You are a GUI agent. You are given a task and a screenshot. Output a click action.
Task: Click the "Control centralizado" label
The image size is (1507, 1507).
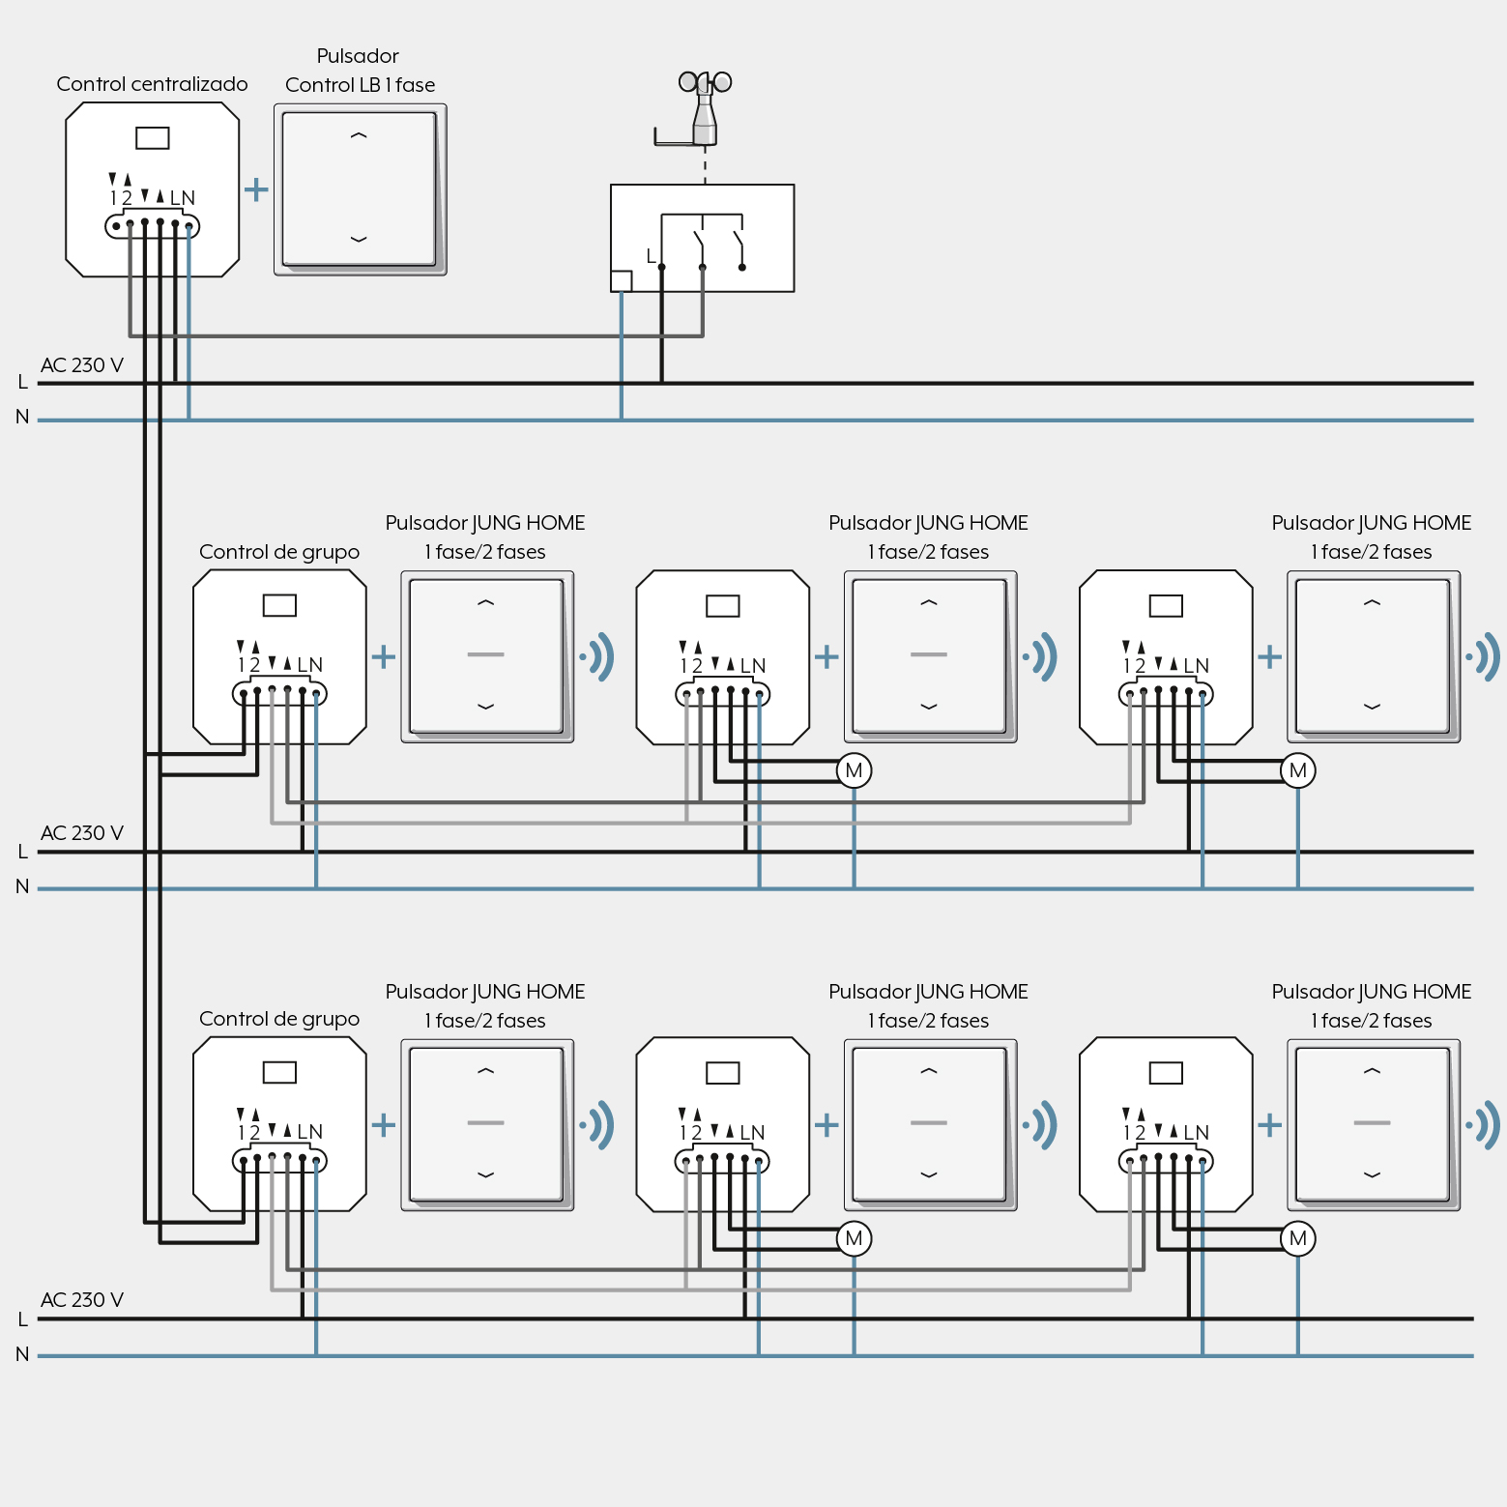[152, 84]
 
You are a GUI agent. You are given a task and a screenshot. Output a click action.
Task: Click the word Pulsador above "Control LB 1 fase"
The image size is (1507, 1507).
[358, 56]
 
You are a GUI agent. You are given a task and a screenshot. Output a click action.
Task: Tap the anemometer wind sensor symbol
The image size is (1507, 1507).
[704, 108]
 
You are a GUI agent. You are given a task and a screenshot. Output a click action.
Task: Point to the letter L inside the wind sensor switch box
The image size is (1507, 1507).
[652, 256]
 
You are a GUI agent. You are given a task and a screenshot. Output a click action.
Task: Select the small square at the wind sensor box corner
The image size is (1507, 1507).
[622, 281]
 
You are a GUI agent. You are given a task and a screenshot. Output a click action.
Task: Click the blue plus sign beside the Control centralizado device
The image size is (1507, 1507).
[256, 188]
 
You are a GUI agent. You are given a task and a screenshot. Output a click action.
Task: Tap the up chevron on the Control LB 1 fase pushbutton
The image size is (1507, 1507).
[359, 136]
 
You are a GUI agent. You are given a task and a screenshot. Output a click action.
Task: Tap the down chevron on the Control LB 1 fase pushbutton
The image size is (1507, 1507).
[359, 239]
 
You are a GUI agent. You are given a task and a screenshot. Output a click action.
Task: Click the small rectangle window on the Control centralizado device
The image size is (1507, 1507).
[153, 138]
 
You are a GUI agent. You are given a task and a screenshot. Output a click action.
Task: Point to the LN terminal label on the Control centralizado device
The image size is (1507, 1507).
[183, 198]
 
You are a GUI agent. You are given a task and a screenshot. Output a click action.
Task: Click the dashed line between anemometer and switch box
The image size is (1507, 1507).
[705, 165]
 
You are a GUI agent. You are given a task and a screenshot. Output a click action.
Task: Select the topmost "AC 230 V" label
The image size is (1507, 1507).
[82, 365]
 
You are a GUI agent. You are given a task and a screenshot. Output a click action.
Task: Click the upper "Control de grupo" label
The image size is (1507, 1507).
[279, 552]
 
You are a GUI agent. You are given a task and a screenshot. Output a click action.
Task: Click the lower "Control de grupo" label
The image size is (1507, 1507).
[279, 1019]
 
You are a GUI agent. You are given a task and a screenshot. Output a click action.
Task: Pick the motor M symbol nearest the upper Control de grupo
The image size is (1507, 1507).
[854, 770]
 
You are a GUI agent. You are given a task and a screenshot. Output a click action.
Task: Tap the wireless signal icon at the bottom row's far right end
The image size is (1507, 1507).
[1484, 1125]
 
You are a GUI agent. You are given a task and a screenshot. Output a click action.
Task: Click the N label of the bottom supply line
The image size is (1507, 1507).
[22, 1354]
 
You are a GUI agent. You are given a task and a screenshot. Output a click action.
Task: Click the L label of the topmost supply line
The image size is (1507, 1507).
[22, 382]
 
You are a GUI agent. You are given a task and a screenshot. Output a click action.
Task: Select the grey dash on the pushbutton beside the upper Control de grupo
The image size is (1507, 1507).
[485, 654]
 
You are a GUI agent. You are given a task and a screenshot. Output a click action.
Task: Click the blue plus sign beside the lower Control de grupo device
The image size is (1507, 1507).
[384, 1125]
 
